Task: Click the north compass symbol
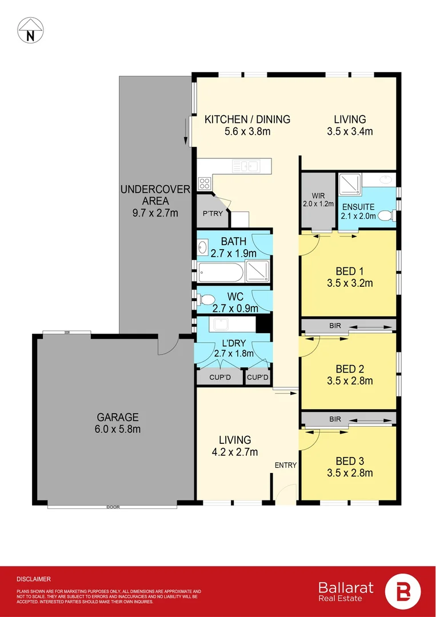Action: [x=30, y=30]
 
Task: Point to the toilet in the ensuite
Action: [x=387, y=215]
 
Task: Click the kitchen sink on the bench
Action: [x=246, y=166]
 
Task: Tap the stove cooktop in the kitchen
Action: [x=204, y=183]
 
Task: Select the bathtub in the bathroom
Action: [x=221, y=271]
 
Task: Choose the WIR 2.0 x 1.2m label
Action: [x=318, y=200]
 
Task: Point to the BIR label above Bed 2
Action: [x=335, y=326]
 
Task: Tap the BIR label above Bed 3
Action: [x=335, y=419]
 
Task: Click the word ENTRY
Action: [x=286, y=465]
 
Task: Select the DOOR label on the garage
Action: [x=113, y=507]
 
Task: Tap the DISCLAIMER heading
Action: [x=34, y=579]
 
